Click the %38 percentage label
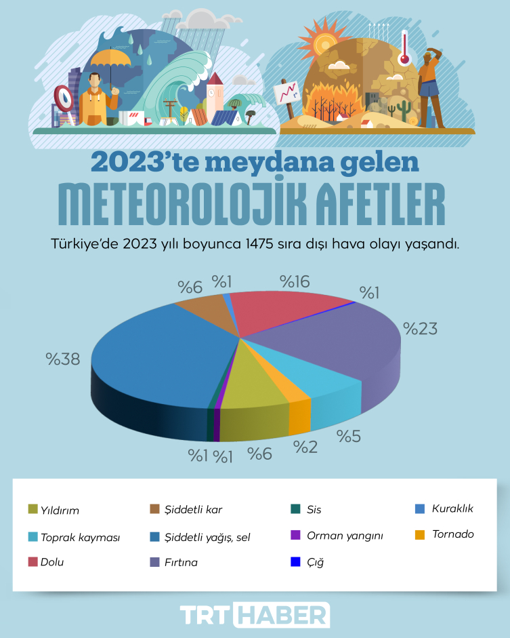pyautogui.click(x=63, y=359)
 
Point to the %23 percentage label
pyautogui.click(x=421, y=329)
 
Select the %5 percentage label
pyautogui.click(x=348, y=437)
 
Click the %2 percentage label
pyautogui.click(x=305, y=446)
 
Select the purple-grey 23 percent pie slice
pyautogui.click(x=339, y=339)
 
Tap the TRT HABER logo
pyautogui.click(x=255, y=614)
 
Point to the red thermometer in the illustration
pyautogui.click(x=404, y=47)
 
